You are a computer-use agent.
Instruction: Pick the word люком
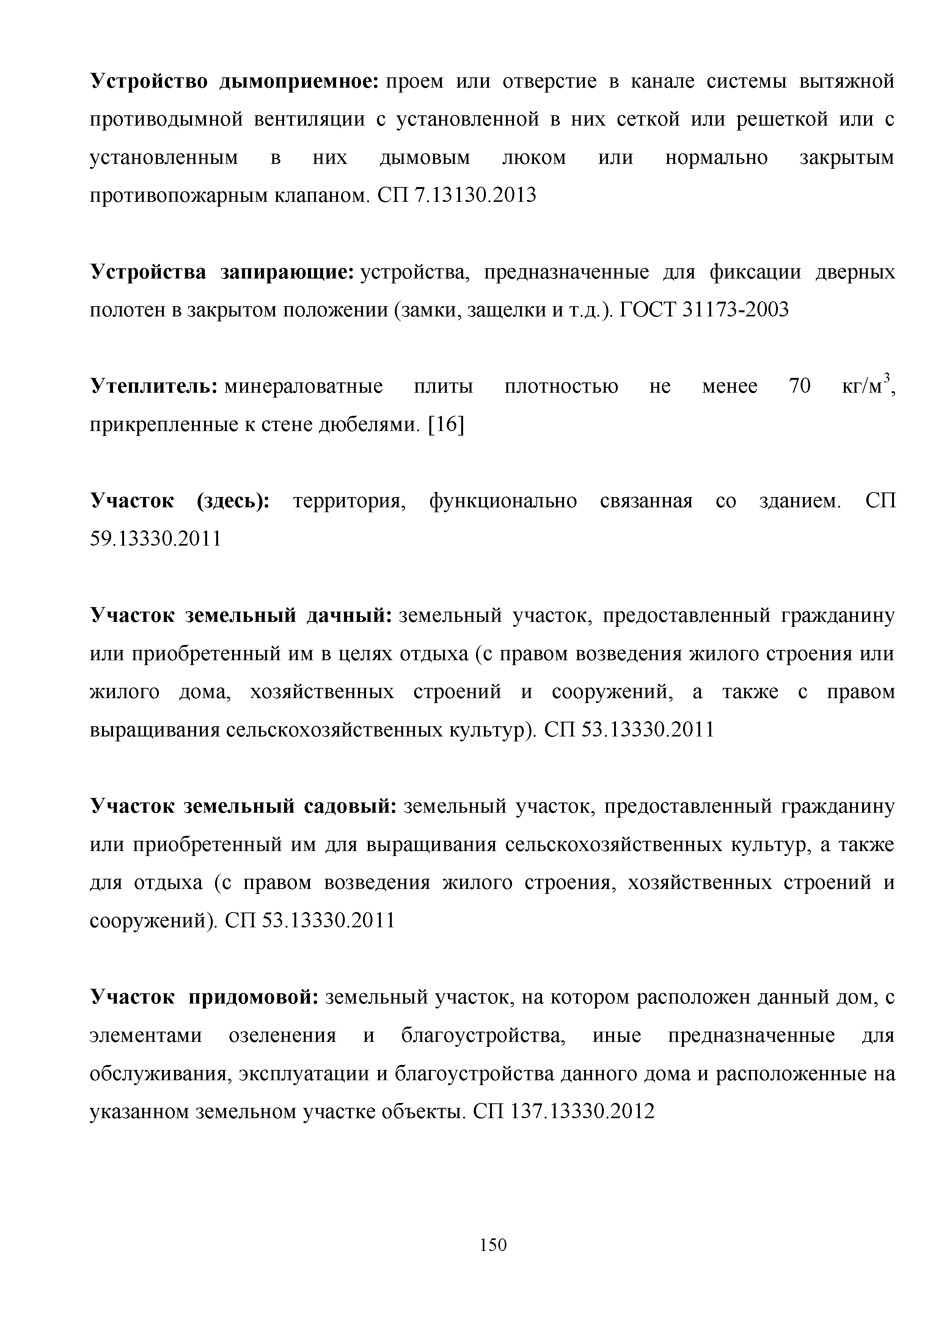(534, 158)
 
